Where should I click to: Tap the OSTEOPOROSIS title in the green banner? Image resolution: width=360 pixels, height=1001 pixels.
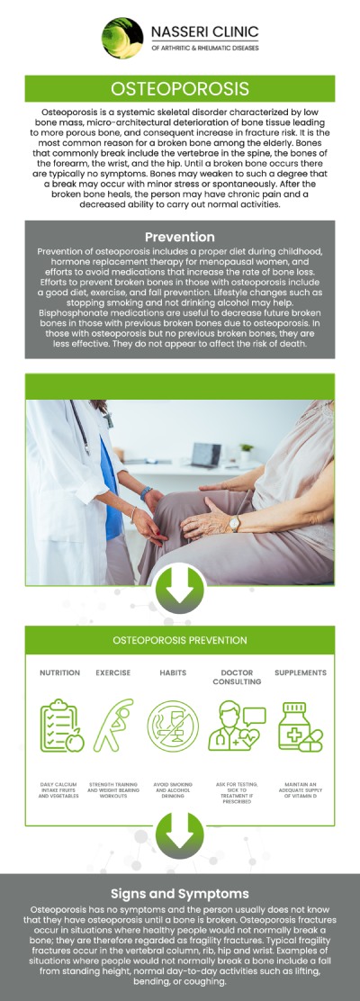tap(180, 88)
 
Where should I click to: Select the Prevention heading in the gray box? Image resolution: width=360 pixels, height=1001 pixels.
tap(180, 238)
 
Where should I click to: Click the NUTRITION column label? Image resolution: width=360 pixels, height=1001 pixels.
tap(59, 672)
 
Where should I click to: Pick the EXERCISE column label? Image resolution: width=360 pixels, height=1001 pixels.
tap(113, 672)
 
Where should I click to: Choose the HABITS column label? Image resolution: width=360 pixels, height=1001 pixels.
tap(173, 672)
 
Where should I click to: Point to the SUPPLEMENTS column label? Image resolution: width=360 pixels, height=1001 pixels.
tap(301, 672)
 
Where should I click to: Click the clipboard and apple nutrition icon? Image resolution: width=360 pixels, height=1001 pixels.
tap(61, 726)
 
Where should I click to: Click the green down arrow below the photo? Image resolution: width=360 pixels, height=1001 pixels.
tap(180, 589)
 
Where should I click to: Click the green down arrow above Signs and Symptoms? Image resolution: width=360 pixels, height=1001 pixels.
tap(180, 833)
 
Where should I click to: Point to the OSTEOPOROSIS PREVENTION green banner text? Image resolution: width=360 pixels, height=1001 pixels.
tap(180, 640)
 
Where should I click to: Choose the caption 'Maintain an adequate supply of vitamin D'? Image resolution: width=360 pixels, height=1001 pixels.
tap(301, 790)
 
